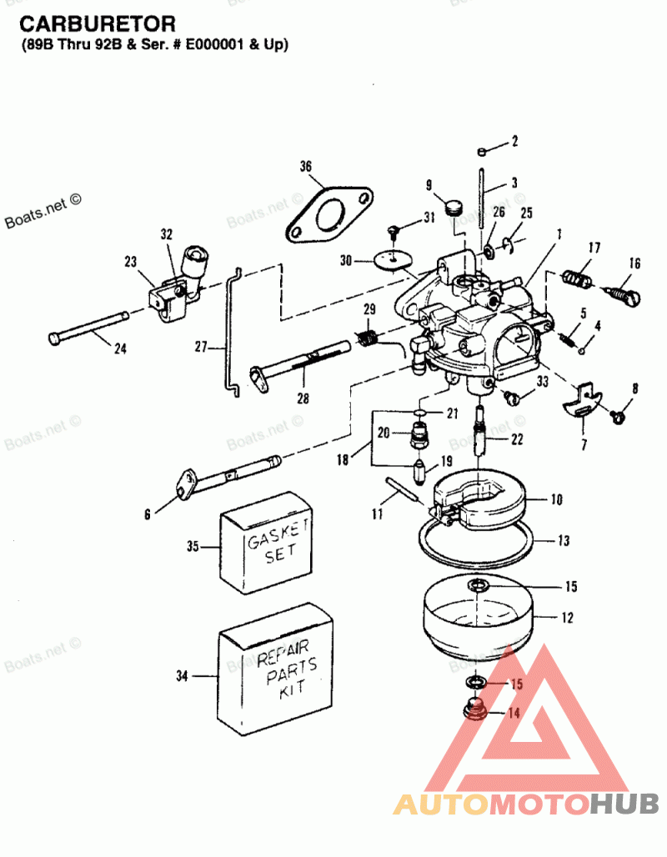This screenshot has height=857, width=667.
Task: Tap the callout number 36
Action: click(306, 168)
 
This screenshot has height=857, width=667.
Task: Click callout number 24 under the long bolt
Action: click(120, 348)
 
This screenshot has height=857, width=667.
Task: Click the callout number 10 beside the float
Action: click(556, 500)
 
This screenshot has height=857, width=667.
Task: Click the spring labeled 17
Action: click(577, 276)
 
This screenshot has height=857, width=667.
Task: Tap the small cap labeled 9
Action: click(454, 206)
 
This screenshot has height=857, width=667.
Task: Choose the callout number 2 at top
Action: click(514, 141)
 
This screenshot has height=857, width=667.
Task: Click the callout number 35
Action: click(193, 547)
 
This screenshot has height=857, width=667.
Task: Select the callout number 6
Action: click(148, 514)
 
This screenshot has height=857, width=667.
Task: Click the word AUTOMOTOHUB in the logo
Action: click(525, 804)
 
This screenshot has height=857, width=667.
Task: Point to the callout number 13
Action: click(564, 541)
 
